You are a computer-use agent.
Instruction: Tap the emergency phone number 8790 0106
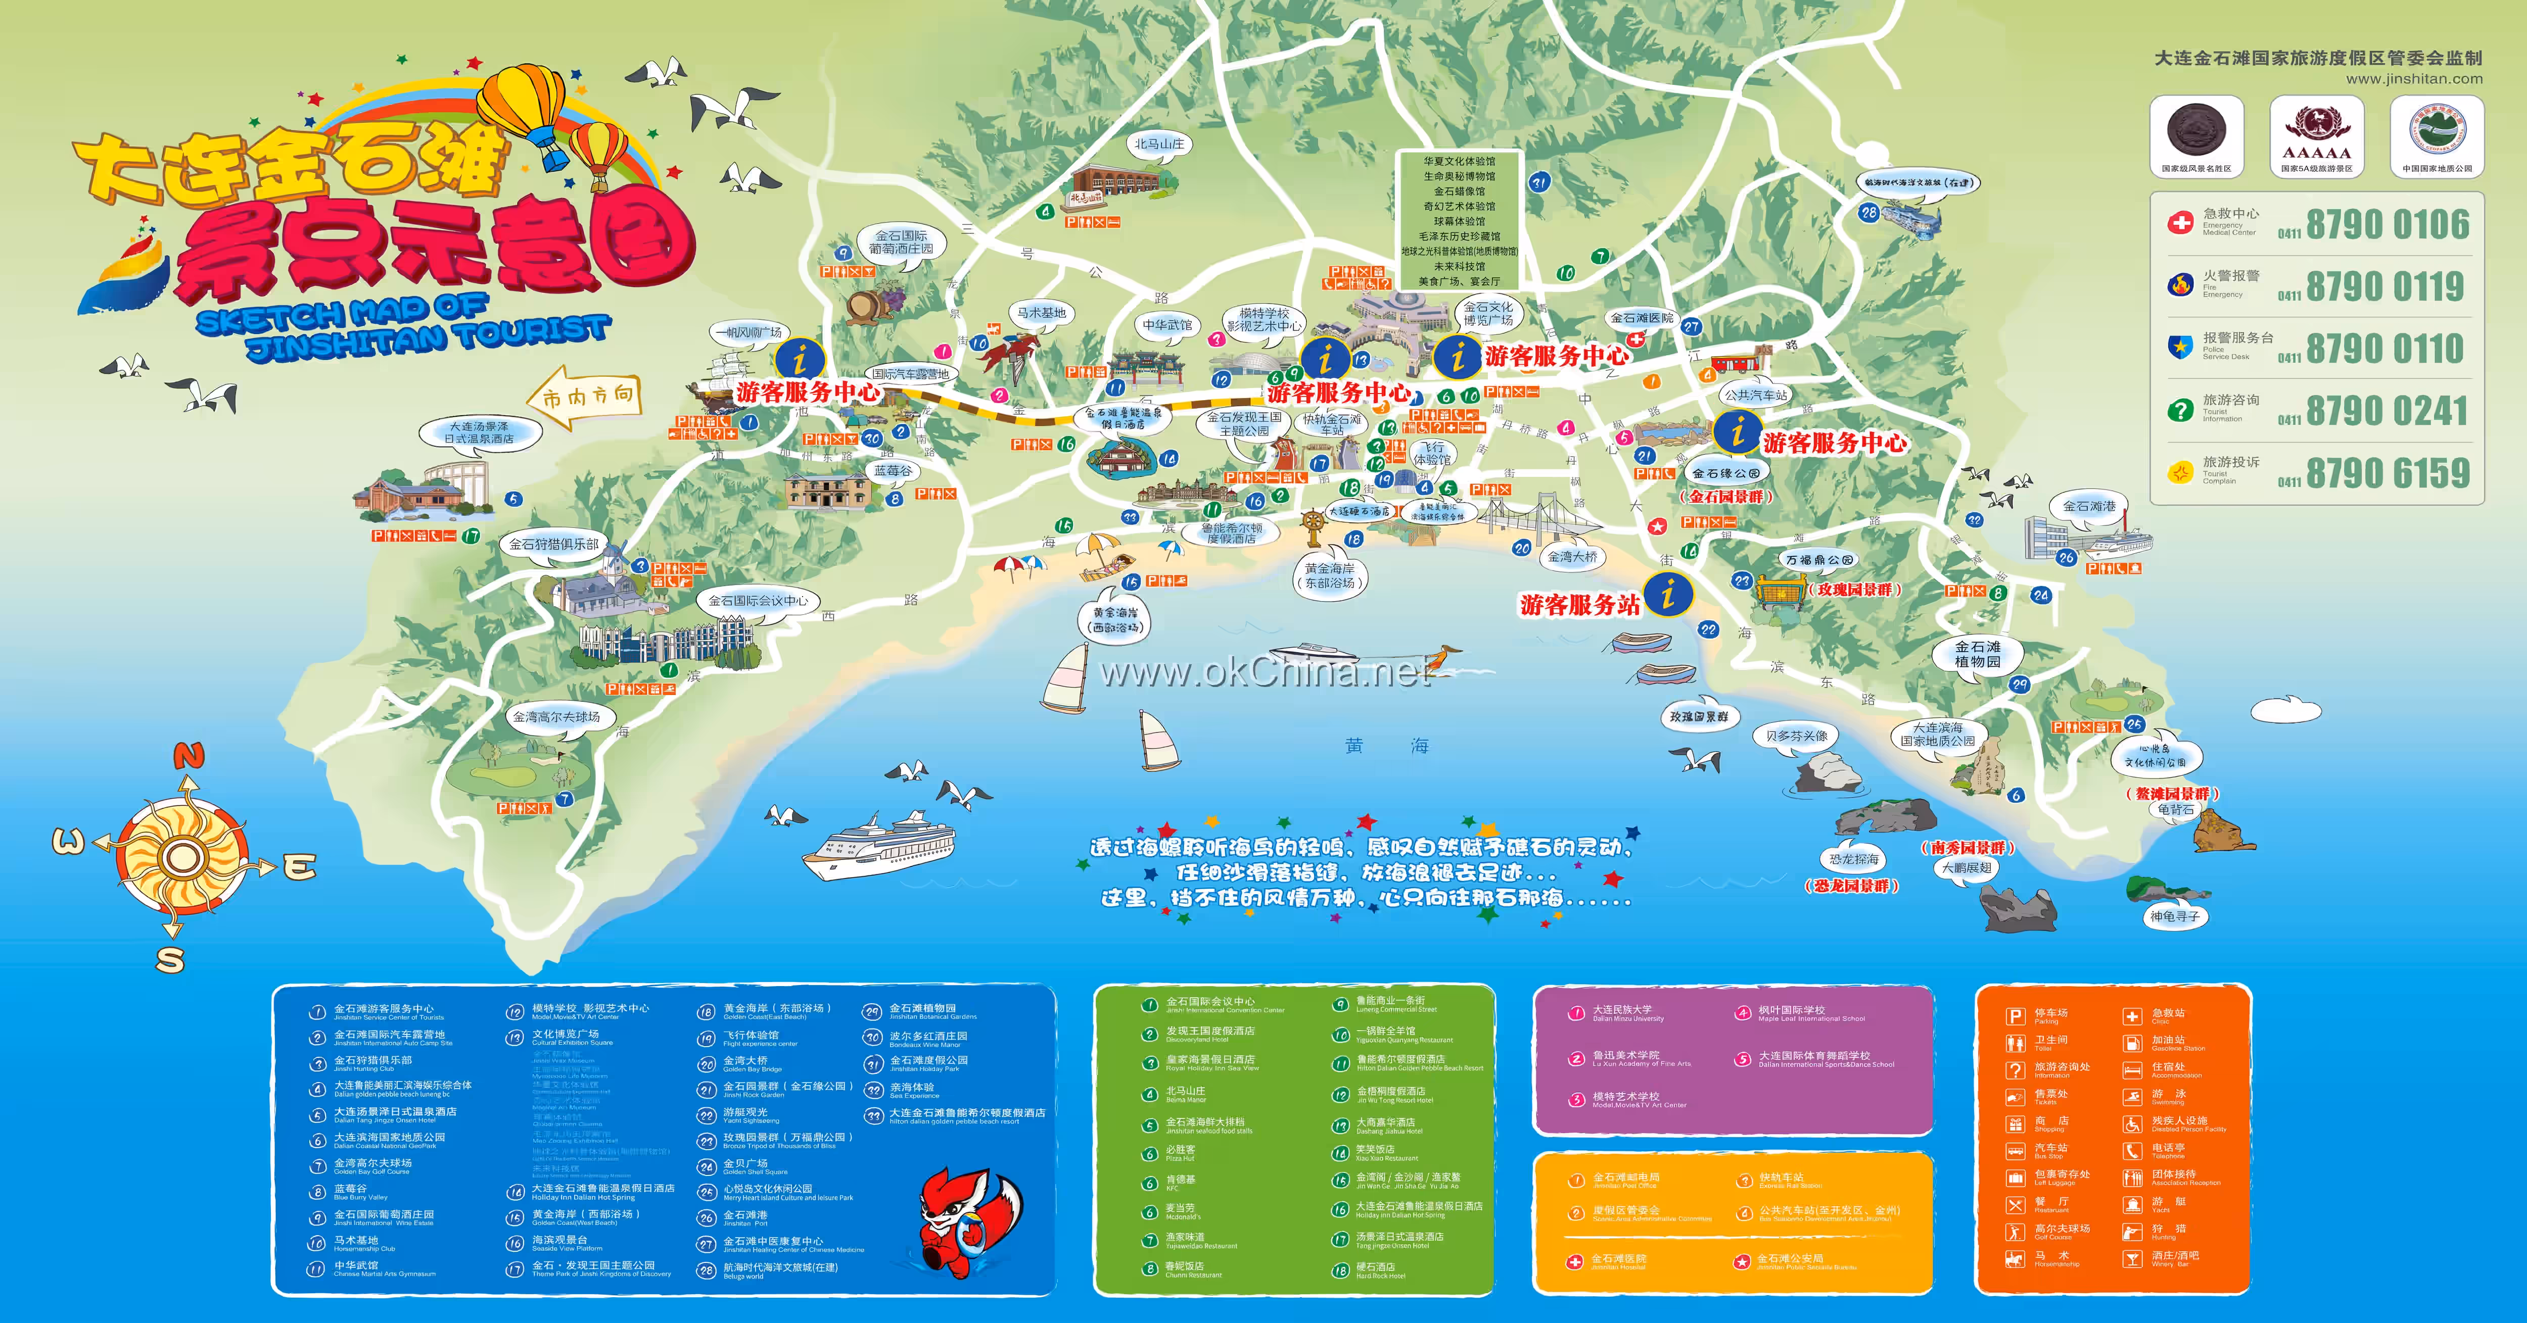2386,225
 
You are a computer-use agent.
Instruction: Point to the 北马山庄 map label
1158,144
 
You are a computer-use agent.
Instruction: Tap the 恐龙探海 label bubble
1853,859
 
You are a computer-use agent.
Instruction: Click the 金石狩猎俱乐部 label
553,544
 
